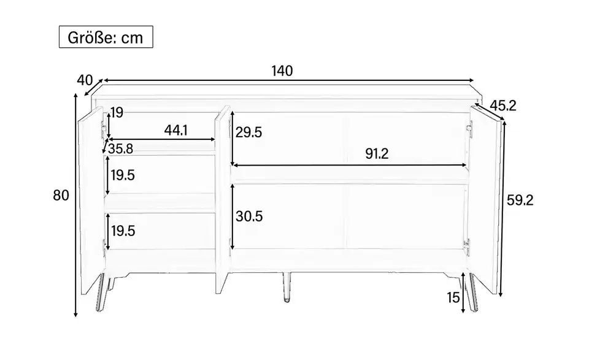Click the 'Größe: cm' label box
tap(106, 37)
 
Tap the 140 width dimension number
tap(282, 71)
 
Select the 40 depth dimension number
tap(85, 80)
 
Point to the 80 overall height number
tap(61, 195)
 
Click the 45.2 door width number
tap(503, 106)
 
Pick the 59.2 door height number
tap(520, 200)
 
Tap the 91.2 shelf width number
tap(377, 153)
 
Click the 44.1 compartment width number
tap(176, 130)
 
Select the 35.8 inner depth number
tap(121, 148)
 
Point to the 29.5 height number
tap(248, 132)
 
